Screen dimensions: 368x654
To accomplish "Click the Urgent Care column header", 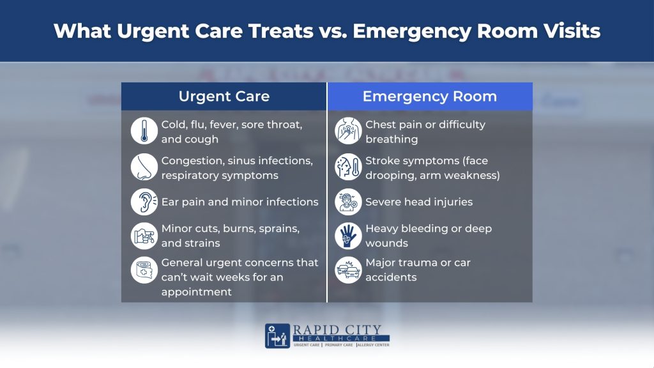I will (224, 96).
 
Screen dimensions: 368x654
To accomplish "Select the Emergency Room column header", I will (429, 96).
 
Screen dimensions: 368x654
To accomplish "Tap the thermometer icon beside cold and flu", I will (144, 132).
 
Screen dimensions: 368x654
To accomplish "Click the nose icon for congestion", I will (144, 167).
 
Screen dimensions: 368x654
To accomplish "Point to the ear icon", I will (144, 202).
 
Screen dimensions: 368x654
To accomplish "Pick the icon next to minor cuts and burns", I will (144, 236).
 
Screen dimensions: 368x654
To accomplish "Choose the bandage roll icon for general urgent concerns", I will (144, 270).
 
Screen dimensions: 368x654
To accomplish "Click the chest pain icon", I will (348, 132).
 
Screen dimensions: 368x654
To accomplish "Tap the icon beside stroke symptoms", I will (348, 167).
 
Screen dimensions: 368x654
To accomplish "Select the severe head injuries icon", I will (348, 202).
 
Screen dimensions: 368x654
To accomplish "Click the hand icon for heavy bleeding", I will (348, 236).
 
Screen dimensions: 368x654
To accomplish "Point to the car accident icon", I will (348, 270).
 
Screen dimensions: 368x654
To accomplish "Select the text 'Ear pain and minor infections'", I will (240, 202).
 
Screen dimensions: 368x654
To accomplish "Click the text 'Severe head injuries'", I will (419, 202).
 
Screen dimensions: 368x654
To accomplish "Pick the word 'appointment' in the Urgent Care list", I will (196, 292).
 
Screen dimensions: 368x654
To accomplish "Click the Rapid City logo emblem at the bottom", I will (278, 336).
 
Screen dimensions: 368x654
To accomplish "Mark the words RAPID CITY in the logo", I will (337, 329).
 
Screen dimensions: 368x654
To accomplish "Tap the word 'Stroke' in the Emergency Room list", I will (383, 160).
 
